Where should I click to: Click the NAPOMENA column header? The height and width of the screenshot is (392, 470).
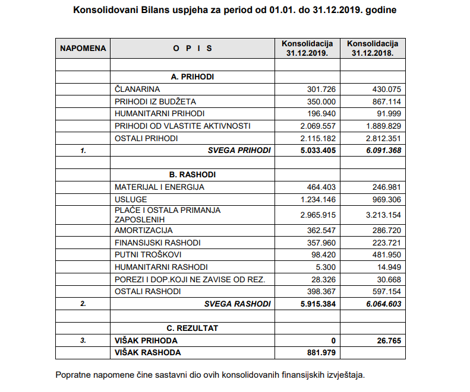pyautogui.click(x=83, y=48)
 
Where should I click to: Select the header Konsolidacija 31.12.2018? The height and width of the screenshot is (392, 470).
pyautogui.click(x=373, y=48)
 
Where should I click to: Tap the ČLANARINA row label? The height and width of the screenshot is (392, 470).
pyautogui.click(x=138, y=89)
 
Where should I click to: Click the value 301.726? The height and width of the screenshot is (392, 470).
pyautogui.click(x=321, y=89)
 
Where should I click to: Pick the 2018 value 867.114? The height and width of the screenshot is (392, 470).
pyautogui.click(x=386, y=101)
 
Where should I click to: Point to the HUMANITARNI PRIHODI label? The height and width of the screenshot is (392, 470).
pyautogui.click(x=159, y=113)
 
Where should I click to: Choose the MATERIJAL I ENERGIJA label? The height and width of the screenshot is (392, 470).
pyautogui.click(x=159, y=187)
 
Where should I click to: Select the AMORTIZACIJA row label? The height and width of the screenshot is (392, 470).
pyautogui.click(x=143, y=230)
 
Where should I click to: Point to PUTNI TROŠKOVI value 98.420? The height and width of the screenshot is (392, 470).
pyautogui.click(x=323, y=254)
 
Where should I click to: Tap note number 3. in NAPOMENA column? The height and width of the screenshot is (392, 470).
pyautogui.click(x=83, y=341)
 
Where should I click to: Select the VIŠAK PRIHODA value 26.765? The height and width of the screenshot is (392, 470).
pyautogui.click(x=389, y=341)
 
